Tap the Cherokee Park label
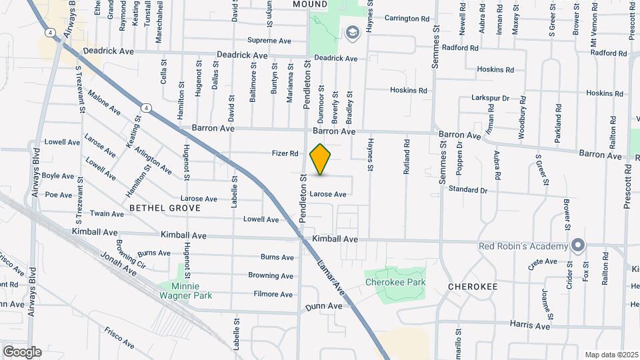pyautogui.click(x=395, y=282)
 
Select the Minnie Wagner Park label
pyautogui.click(x=185, y=290)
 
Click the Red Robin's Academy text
pyautogui.click(x=523, y=246)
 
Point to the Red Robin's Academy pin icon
pyautogui.click(x=577, y=246)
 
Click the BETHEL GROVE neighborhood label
pyautogui.click(x=165, y=208)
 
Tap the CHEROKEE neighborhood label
pyautogui.click(x=473, y=286)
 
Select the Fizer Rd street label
pyautogui.click(x=285, y=153)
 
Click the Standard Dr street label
pyautogui.click(x=468, y=190)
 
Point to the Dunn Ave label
pyautogui.click(x=324, y=306)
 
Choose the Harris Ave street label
pyautogui.click(x=530, y=326)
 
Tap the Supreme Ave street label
pyautogui.click(x=269, y=41)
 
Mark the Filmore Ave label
pyautogui.click(x=273, y=294)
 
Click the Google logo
pyautogui.click(x=22, y=351)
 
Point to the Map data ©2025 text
pyautogui.click(x=612, y=355)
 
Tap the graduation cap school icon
pyautogui.click(x=351, y=32)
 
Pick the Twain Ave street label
pyautogui.click(x=108, y=214)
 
